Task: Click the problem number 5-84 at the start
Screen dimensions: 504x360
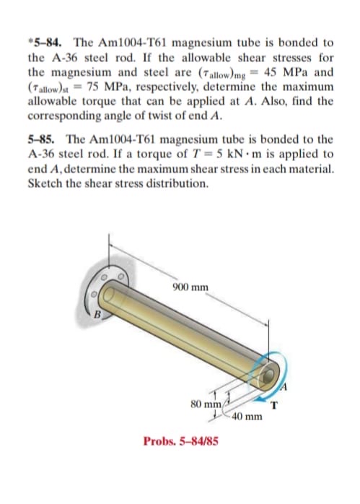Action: [48, 43]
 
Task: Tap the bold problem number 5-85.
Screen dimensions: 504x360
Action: [43, 139]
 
